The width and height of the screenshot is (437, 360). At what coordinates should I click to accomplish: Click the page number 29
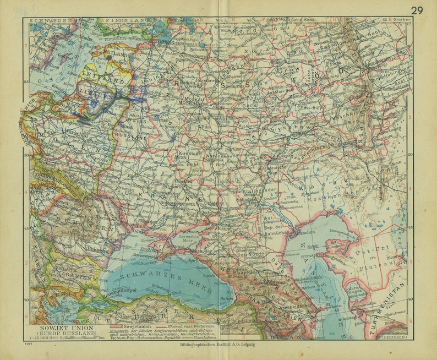point(417,9)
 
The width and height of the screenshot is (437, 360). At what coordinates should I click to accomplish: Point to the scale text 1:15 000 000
point(44,338)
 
